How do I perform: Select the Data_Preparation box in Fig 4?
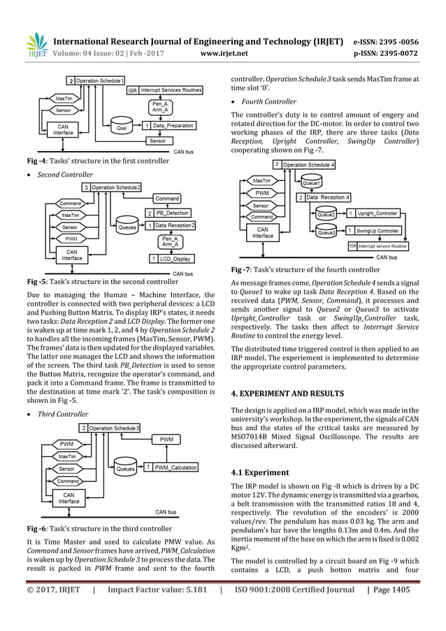(171, 126)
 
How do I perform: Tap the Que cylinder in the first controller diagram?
(122, 128)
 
